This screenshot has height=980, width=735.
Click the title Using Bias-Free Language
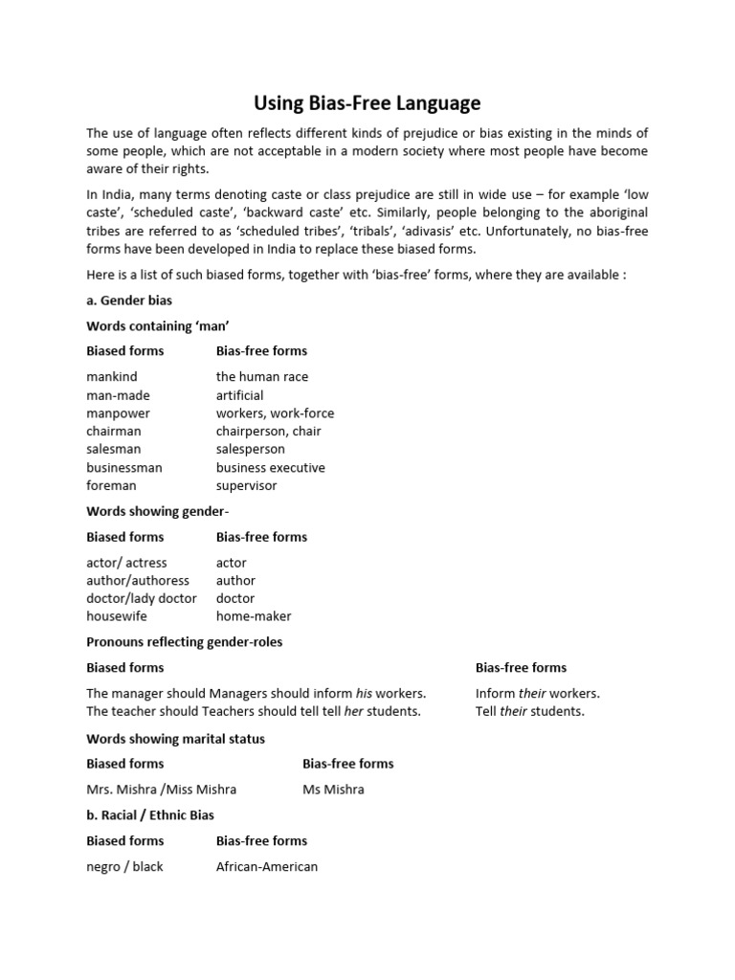[367, 102]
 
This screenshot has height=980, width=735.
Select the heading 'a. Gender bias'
[129, 301]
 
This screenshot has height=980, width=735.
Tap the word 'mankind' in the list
[111, 377]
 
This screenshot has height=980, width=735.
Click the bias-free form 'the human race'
[262, 377]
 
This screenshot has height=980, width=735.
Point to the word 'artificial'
[240, 395]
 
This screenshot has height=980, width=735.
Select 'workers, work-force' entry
[276, 413]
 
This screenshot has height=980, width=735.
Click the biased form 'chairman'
[114, 432]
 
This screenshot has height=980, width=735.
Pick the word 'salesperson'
[251, 450]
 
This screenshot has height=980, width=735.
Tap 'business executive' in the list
[271, 468]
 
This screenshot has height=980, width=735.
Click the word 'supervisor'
[247, 486]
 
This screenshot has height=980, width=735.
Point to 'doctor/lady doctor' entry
[142, 599]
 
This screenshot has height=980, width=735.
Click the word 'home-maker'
[254, 617]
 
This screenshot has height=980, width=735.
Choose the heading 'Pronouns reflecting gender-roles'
[185, 642]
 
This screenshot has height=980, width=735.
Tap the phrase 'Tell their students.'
[530, 712]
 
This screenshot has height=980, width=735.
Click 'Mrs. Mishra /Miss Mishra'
[162, 791]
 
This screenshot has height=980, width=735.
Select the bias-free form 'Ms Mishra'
[333, 791]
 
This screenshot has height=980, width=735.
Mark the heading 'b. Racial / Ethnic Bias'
[150, 815]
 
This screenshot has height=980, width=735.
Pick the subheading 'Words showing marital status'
[176, 739]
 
